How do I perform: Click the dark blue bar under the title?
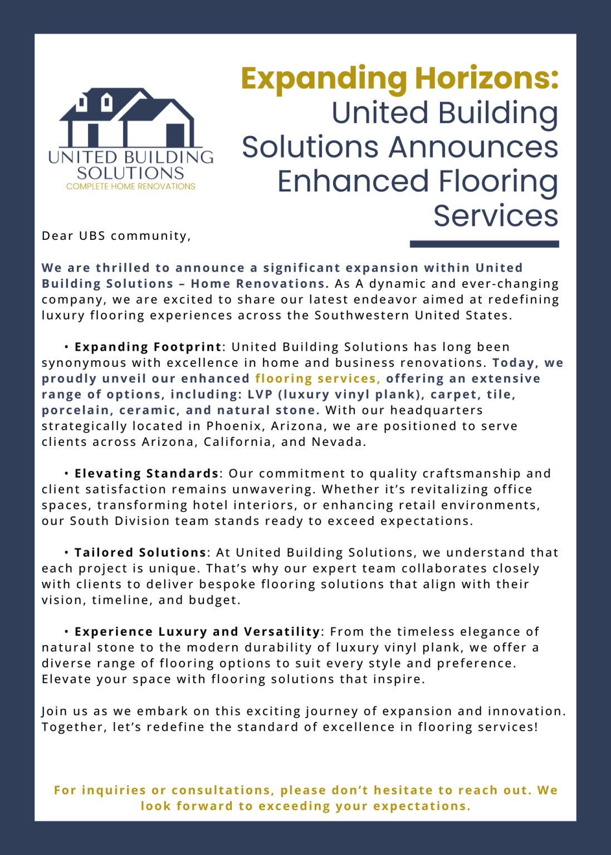484,244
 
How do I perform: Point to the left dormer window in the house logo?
82,103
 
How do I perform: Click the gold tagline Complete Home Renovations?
131,186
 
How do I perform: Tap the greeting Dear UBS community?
116,236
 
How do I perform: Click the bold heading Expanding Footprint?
148,347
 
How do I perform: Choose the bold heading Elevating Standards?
146,474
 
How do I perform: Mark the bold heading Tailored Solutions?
140,553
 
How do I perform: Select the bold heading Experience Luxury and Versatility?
197,632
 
